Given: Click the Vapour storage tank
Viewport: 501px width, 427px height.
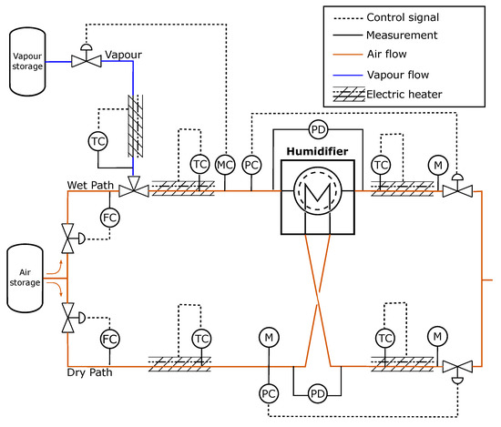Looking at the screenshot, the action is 27,62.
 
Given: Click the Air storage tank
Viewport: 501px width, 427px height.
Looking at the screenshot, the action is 25,279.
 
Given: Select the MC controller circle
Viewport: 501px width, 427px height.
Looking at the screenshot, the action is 225,165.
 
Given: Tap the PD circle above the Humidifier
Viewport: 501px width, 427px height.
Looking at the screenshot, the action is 318,129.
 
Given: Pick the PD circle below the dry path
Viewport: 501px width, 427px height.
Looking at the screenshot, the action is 317,394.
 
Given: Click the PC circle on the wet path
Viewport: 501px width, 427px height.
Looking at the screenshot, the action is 251,165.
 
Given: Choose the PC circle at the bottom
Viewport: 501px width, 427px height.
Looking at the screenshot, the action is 269,394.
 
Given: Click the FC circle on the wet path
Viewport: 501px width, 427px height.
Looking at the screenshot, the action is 110,218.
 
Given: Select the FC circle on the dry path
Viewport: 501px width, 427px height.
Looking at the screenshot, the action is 110,339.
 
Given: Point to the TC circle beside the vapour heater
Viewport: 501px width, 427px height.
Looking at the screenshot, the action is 97,141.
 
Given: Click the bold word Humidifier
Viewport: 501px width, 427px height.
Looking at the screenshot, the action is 317,151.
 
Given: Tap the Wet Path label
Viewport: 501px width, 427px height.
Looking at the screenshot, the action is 90,185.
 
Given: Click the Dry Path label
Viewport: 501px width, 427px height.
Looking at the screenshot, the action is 90,372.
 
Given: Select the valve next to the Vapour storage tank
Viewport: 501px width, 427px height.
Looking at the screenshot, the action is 87,56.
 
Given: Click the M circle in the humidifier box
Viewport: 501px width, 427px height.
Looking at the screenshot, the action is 318,190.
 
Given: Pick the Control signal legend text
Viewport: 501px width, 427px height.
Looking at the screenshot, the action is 403,17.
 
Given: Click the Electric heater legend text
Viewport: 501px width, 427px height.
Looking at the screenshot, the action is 404,94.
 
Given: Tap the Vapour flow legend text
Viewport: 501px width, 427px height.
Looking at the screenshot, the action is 398,75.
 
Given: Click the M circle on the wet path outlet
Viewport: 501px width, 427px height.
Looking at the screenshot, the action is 438,165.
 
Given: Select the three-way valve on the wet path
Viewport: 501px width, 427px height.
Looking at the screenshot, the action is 134,188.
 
